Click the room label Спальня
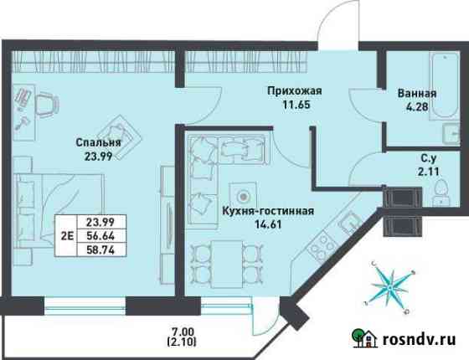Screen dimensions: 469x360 (99, 142)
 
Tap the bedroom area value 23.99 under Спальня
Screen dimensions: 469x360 (99, 157)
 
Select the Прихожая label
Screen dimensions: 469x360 (295, 90)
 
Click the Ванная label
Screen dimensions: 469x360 (417, 93)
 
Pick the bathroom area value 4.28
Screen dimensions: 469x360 (417, 107)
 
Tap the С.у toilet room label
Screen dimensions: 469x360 (429, 158)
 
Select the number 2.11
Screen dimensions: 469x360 (428, 172)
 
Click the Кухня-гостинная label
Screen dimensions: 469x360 (268, 211)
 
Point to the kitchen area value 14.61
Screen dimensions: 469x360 (268, 224)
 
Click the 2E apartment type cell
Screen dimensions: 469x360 (67, 236)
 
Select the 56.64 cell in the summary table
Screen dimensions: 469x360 (100, 236)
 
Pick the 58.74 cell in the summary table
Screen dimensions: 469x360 (100, 249)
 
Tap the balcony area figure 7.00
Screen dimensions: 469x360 (182, 332)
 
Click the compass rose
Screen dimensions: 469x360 (390, 287)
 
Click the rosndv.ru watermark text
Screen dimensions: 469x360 (420, 339)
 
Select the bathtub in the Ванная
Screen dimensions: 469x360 (444, 85)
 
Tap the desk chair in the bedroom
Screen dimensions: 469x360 (47, 104)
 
